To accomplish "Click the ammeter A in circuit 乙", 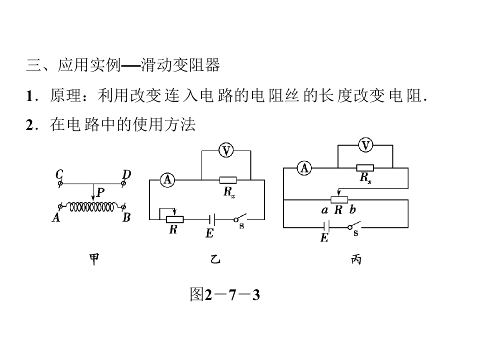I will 166,180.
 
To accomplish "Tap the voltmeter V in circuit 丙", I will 365,145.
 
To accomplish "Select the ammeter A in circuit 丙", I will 303,168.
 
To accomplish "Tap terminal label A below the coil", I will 56,218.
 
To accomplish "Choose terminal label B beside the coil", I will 126,218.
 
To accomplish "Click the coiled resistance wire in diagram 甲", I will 92,206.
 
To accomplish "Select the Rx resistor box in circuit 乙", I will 228,180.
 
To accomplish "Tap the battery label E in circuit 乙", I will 209,233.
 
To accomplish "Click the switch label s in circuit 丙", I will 356,233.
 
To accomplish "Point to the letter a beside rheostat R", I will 324,210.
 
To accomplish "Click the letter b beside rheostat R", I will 353,210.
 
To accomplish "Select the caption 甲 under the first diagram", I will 93,258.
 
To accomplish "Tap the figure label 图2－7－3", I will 225,295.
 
